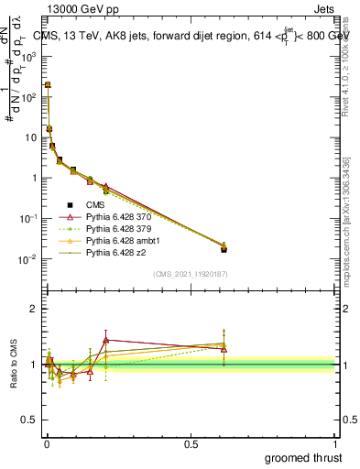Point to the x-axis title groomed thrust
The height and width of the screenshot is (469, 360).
point(303,457)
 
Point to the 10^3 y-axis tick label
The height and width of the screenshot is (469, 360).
point(28,56)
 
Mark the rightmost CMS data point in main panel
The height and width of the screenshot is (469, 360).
point(224,249)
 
